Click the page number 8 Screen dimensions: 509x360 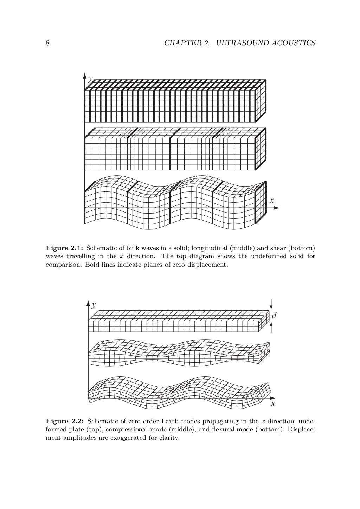point(47,43)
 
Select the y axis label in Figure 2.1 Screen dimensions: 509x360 point(91,78)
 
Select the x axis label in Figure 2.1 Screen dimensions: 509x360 point(271,201)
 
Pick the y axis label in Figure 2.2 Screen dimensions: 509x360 point(94,305)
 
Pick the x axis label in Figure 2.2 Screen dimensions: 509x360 point(273,404)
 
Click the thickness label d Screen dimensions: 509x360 point(274,315)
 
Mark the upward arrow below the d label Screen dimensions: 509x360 point(271,327)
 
